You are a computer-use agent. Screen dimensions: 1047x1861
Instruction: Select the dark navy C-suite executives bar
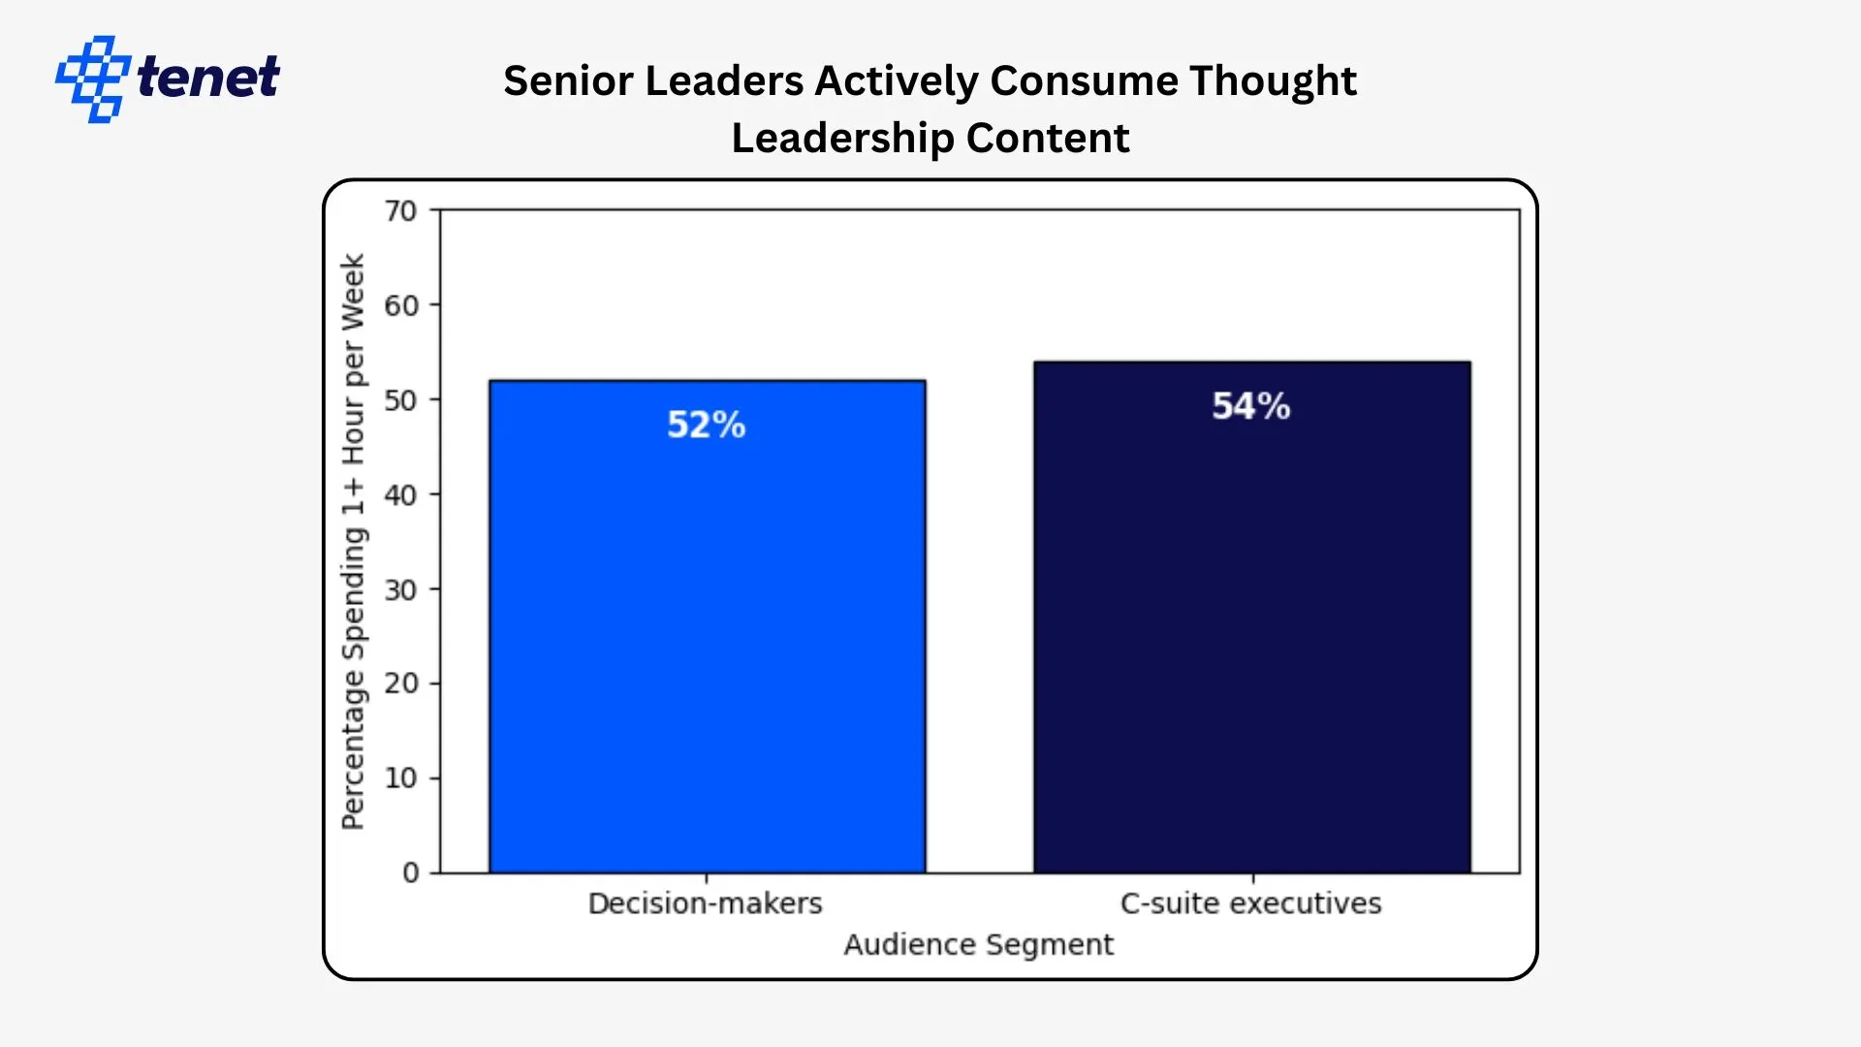[1251, 630]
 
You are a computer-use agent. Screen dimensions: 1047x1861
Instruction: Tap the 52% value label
[706, 425]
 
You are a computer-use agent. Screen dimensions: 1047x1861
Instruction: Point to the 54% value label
[1250, 406]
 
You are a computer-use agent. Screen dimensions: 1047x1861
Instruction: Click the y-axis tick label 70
[400, 211]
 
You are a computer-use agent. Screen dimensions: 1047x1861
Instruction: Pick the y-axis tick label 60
[400, 305]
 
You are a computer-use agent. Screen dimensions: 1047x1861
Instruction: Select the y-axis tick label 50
[400, 400]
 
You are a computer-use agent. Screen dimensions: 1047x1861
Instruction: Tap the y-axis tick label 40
[400, 495]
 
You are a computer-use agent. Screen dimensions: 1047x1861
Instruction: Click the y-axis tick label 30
[400, 589]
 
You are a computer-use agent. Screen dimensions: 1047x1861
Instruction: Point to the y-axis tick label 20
[400, 683]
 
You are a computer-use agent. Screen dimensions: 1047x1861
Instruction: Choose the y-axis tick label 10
[400, 778]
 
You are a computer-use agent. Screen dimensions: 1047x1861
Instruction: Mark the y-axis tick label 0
[411, 872]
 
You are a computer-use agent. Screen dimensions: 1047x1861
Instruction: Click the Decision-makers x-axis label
[705, 904]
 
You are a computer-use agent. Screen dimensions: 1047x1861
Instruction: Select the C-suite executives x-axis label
[1250, 904]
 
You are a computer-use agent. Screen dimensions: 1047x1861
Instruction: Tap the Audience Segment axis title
[978, 944]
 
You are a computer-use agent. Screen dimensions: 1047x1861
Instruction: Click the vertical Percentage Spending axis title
[353, 541]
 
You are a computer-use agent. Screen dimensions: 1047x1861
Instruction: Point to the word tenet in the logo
[208, 78]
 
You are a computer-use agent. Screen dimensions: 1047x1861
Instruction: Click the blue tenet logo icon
[92, 79]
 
